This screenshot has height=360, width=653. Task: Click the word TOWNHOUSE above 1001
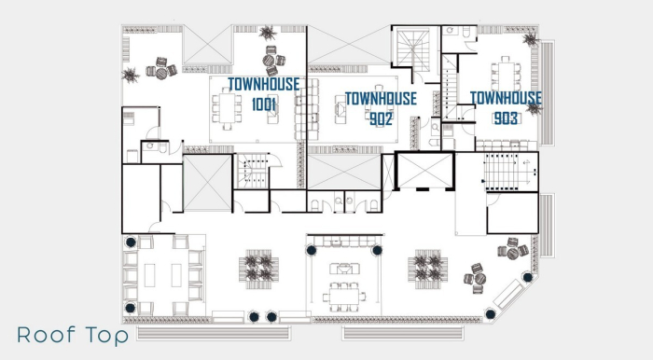pyautogui.click(x=264, y=84)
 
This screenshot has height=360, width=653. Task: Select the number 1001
pyautogui.click(x=264, y=104)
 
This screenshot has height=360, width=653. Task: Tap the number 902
pyautogui.click(x=380, y=118)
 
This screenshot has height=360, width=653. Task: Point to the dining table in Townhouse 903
pyautogui.click(x=506, y=71)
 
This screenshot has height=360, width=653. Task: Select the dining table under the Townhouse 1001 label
pyautogui.click(x=227, y=108)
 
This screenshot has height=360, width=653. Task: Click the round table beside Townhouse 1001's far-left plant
pyautogui.click(x=160, y=70)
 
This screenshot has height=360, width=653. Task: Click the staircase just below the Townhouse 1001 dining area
pyautogui.click(x=253, y=172)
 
